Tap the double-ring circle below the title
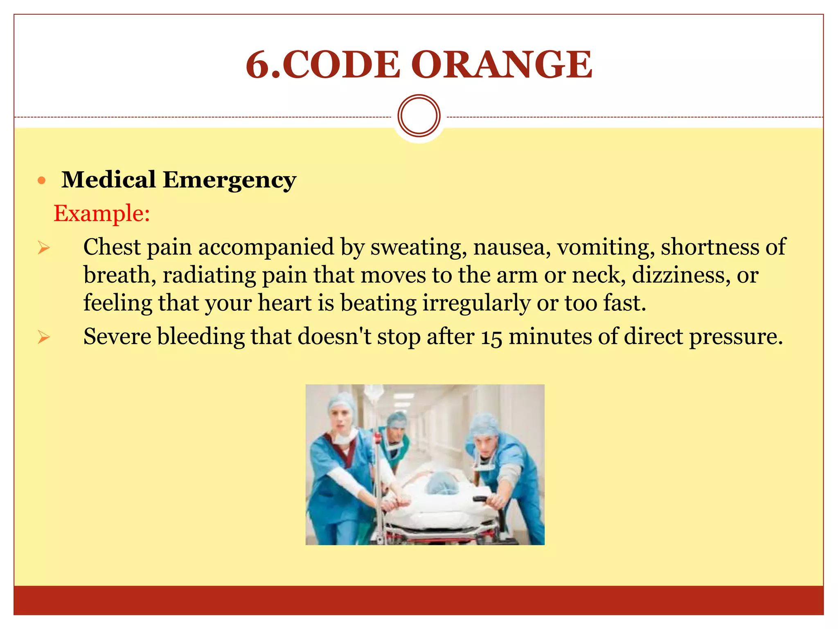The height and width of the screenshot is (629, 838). (419, 116)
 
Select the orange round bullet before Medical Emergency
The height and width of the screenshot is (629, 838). (41, 180)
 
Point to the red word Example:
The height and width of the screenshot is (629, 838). (102, 214)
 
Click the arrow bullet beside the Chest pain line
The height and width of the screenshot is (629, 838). (43, 248)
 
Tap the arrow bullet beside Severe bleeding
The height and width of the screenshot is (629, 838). (43, 337)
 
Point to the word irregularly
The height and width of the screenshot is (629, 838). (476, 303)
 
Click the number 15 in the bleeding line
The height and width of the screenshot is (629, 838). (491, 337)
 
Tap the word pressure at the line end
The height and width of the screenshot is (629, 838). (735, 337)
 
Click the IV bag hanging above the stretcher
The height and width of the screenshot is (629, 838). (373, 395)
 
